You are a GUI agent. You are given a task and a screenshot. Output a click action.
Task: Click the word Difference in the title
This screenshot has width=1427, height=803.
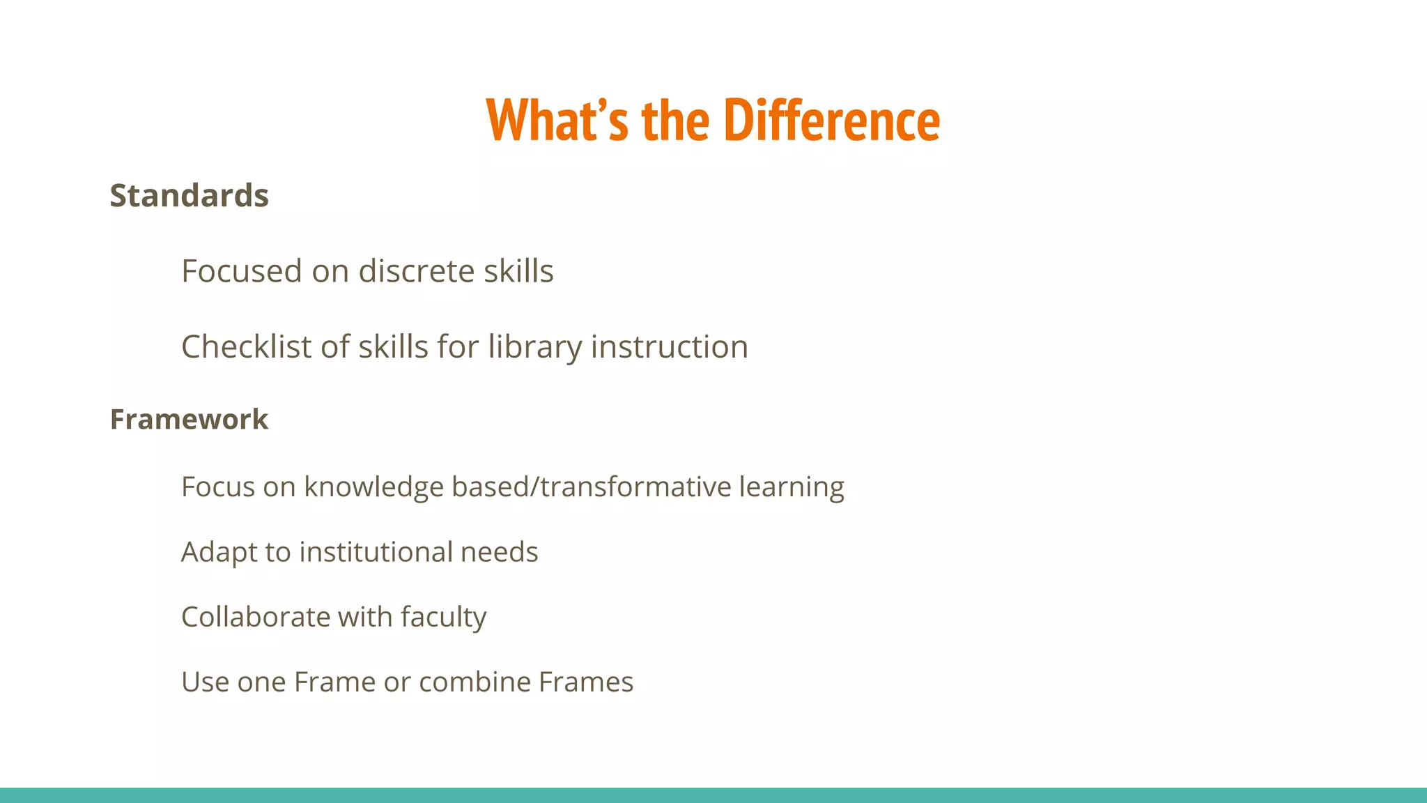pos(832,121)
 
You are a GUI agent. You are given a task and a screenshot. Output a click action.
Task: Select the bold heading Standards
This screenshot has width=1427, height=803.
pos(189,196)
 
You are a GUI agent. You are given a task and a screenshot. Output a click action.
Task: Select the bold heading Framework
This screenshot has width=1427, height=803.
pos(189,420)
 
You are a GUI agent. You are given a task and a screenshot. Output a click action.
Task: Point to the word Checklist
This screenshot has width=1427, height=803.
pos(241,347)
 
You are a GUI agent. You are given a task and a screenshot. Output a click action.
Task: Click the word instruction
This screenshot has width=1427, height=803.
pos(669,347)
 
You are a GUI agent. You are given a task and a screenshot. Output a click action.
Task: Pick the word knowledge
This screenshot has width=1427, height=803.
pos(373,487)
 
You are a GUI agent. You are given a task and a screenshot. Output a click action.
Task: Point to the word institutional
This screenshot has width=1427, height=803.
pos(376,552)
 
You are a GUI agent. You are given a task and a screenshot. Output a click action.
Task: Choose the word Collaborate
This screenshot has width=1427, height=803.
pos(255,617)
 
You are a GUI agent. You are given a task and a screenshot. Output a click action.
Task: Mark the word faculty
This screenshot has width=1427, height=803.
pos(443,618)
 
